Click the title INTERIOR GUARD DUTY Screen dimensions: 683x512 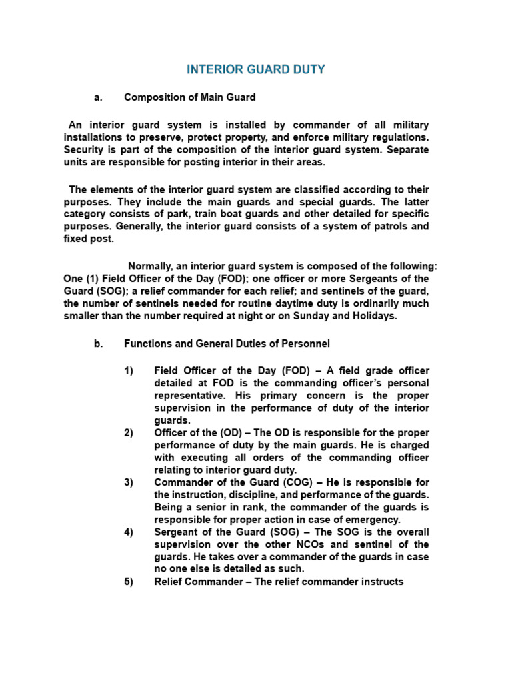[x=256, y=69]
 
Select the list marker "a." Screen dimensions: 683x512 [x=98, y=97]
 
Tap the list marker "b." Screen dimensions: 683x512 [x=98, y=344]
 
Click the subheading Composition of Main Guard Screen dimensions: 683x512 [x=190, y=97]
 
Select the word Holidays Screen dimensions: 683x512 [x=369, y=316]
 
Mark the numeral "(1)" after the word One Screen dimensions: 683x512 [x=97, y=279]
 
